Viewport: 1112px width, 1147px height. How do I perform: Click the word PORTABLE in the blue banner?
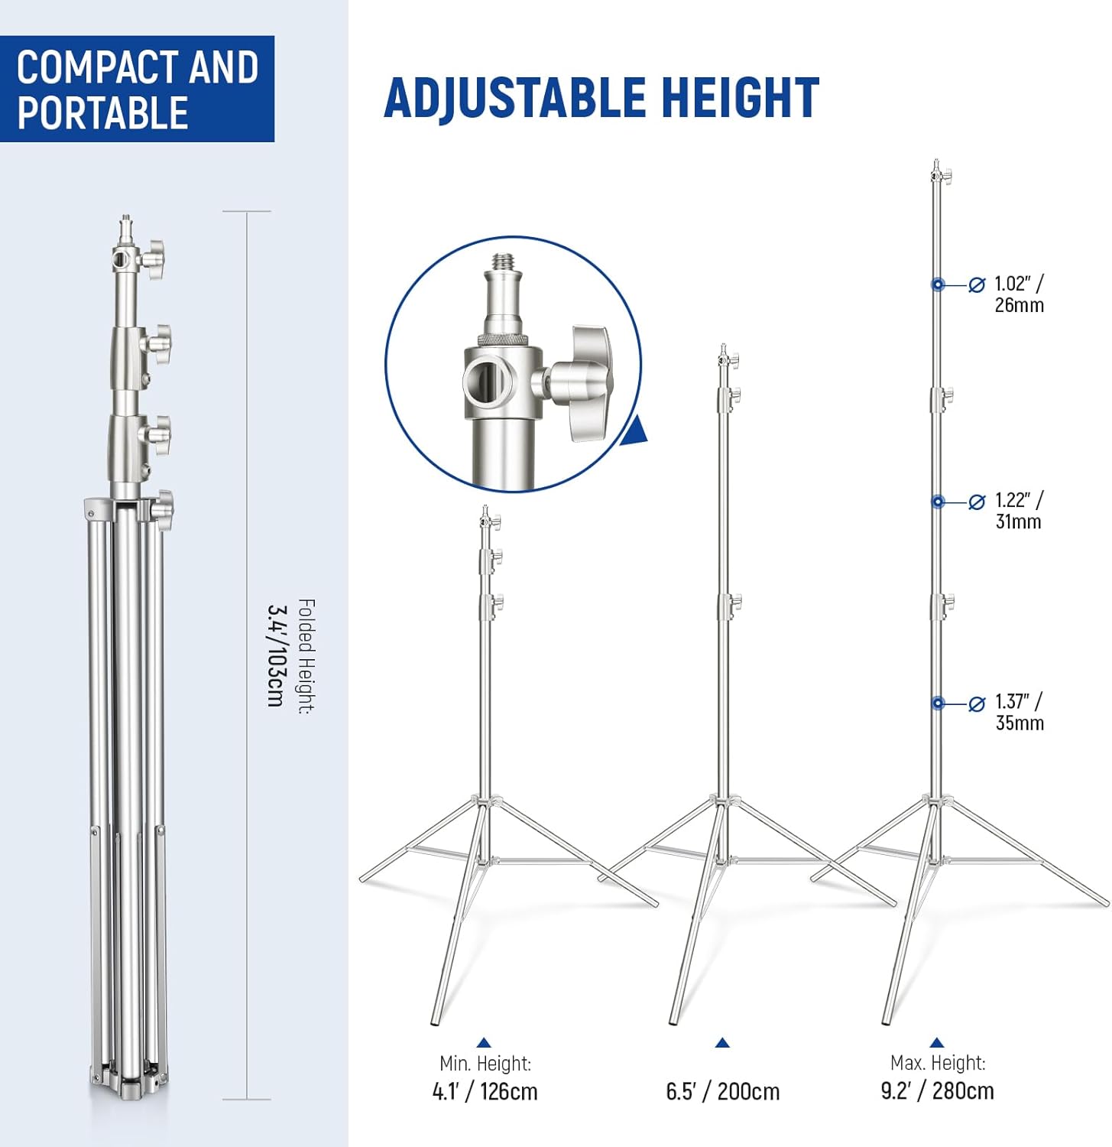click(x=102, y=113)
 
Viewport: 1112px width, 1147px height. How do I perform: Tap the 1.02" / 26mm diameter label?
click(x=1019, y=294)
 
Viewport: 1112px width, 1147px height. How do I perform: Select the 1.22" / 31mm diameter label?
click(x=1019, y=511)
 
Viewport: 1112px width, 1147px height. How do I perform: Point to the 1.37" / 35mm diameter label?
click(x=1019, y=712)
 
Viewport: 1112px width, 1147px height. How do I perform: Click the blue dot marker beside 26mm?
click(x=938, y=284)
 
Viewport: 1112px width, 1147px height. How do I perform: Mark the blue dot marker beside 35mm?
click(x=938, y=703)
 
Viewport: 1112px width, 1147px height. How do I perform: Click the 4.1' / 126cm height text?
click(x=485, y=1091)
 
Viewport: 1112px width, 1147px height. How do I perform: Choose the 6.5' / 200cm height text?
click(x=722, y=1091)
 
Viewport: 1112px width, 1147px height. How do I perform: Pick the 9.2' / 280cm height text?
click(x=937, y=1090)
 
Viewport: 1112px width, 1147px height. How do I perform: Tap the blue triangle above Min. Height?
click(x=483, y=1042)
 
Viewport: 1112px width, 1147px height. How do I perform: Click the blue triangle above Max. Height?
click(x=937, y=1042)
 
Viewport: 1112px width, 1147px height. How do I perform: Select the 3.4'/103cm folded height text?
click(x=275, y=655)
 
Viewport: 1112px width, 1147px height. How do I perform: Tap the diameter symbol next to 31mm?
click(x=977, y=502)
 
